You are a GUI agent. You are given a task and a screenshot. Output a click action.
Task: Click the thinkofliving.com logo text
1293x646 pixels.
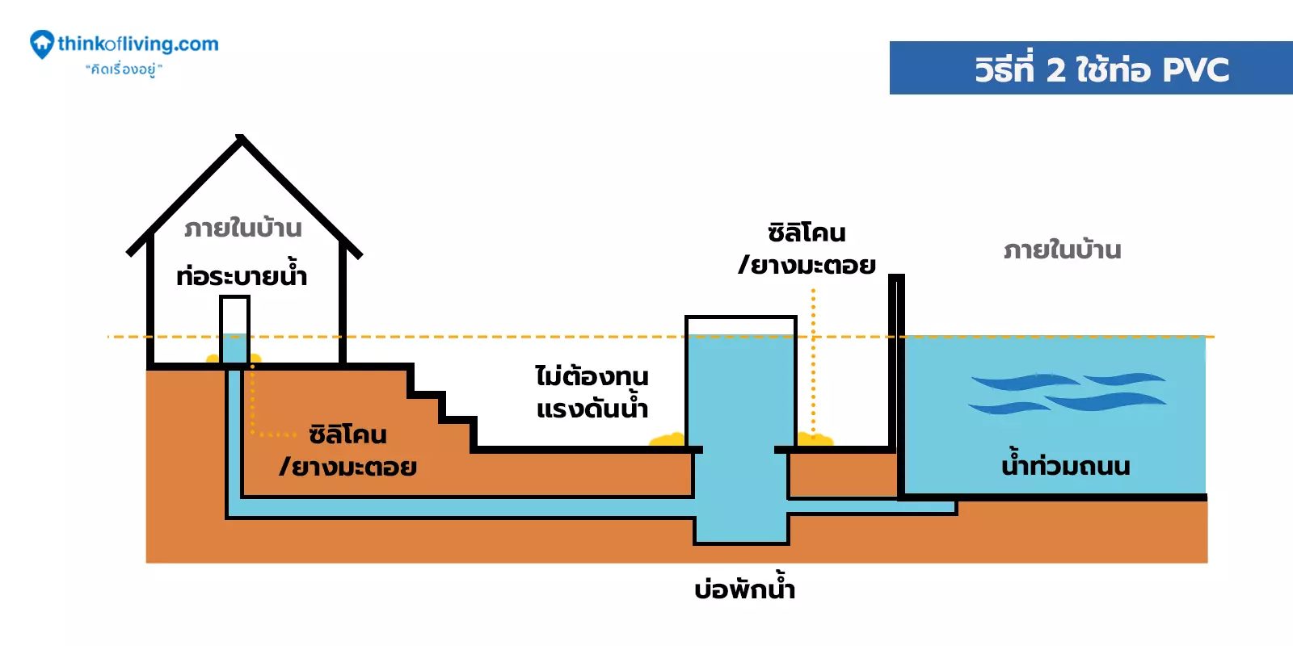coord(138,44)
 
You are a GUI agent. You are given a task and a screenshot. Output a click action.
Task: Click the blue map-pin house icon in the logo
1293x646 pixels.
coord(41,44)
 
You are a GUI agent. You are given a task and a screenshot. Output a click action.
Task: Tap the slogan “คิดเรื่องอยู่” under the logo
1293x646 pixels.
coord(124,69)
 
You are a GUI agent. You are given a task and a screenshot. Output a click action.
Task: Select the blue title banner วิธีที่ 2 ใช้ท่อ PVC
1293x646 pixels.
coord(1091,68)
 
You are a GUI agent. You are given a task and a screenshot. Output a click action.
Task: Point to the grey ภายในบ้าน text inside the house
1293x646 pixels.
coord(242,229)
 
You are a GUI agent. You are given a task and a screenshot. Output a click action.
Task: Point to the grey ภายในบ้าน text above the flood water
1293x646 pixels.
coord(1062,250)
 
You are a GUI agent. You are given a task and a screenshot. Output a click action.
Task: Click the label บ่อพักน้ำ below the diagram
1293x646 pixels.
coord(744,588)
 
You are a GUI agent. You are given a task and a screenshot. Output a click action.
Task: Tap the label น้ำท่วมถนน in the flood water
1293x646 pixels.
coord(1065,466)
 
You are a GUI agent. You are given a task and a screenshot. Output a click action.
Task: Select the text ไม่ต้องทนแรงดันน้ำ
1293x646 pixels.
coord(592,392)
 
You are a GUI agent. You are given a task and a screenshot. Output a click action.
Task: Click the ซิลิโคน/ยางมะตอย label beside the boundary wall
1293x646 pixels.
coord(807,249)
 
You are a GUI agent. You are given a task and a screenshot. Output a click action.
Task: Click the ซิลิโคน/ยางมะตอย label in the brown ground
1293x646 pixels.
coord(348,451)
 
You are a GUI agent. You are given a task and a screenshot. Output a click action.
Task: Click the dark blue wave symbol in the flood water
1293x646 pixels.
coord(1067,392)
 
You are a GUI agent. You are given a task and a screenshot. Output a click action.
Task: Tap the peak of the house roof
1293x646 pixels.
coord(240,140)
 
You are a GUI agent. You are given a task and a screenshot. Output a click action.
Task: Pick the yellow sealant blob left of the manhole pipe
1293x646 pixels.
coord(668,440)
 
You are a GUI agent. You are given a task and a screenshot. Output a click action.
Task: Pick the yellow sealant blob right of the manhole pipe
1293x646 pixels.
coord(815,439)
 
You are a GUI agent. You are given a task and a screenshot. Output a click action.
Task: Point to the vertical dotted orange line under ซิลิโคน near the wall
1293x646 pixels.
coord(813,363)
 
